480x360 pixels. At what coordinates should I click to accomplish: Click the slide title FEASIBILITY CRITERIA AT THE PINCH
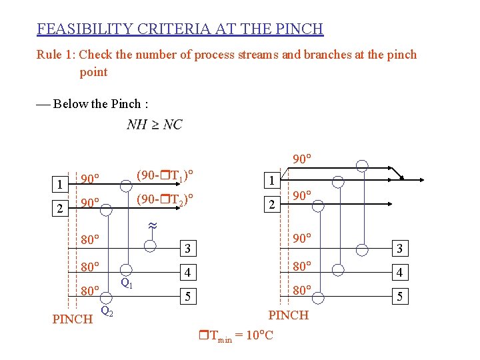(x=180, y=29)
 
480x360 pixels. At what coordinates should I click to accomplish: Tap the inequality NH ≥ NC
(x=154, y=125)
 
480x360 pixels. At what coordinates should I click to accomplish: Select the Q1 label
(x=126, y=283)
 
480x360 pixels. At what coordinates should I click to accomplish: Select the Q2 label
(x=107, y=310)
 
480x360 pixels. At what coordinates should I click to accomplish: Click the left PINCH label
(x=72, y=319)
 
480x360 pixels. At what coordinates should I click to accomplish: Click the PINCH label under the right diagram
(x=288, y=315)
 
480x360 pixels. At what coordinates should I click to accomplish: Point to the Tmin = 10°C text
(x=236, y=336)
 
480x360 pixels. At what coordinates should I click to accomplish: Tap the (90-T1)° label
(x=165, y=176)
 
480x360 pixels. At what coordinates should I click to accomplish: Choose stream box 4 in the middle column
(x=188, y=273)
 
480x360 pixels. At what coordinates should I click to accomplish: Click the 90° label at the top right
(x=303, y=159)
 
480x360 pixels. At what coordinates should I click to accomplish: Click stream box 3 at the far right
(x=399, y=249)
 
